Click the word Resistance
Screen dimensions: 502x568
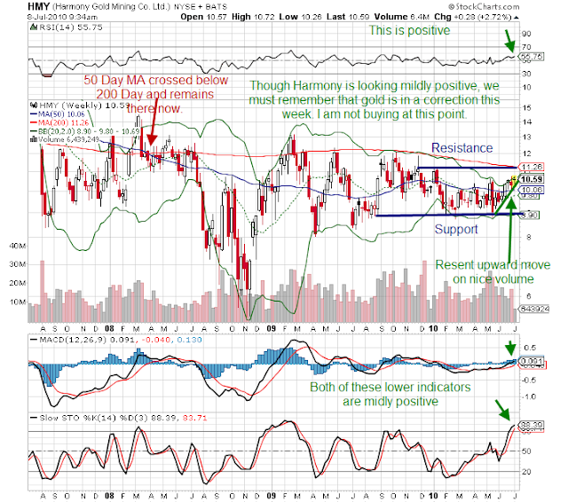[x=461, y=148]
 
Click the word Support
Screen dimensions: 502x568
[x=455, y=229]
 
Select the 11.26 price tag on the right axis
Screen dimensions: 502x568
[x=532, y=166]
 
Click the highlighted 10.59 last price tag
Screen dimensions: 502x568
[x=532, y=178]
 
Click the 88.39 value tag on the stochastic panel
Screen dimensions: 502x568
[x=532, y=426]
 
